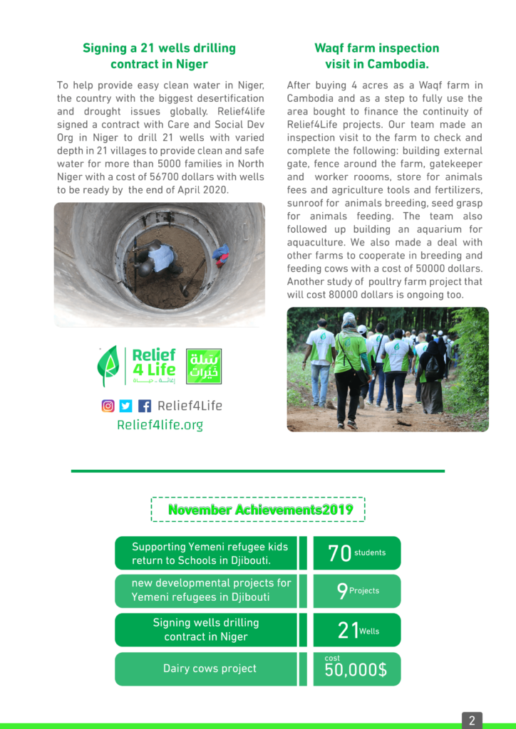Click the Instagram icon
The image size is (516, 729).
point(108,406)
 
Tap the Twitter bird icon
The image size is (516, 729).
point(126,406)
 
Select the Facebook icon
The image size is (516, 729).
point(145,406)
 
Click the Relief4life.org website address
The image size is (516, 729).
point(160,425)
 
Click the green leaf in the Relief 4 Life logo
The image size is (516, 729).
point(108,365)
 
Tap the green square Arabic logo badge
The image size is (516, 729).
point(204,366)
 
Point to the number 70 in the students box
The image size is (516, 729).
point(339,554)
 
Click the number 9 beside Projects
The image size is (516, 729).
point(343,592)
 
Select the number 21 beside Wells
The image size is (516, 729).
point(348,631)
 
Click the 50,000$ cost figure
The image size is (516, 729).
point(356,671)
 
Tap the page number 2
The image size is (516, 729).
point(471,720)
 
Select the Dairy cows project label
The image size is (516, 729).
point(210,668)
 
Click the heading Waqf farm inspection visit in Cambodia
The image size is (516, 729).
point(377,56)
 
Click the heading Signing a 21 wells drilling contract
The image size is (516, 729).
point(159,56)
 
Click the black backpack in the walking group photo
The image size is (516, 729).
point(433,367)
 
